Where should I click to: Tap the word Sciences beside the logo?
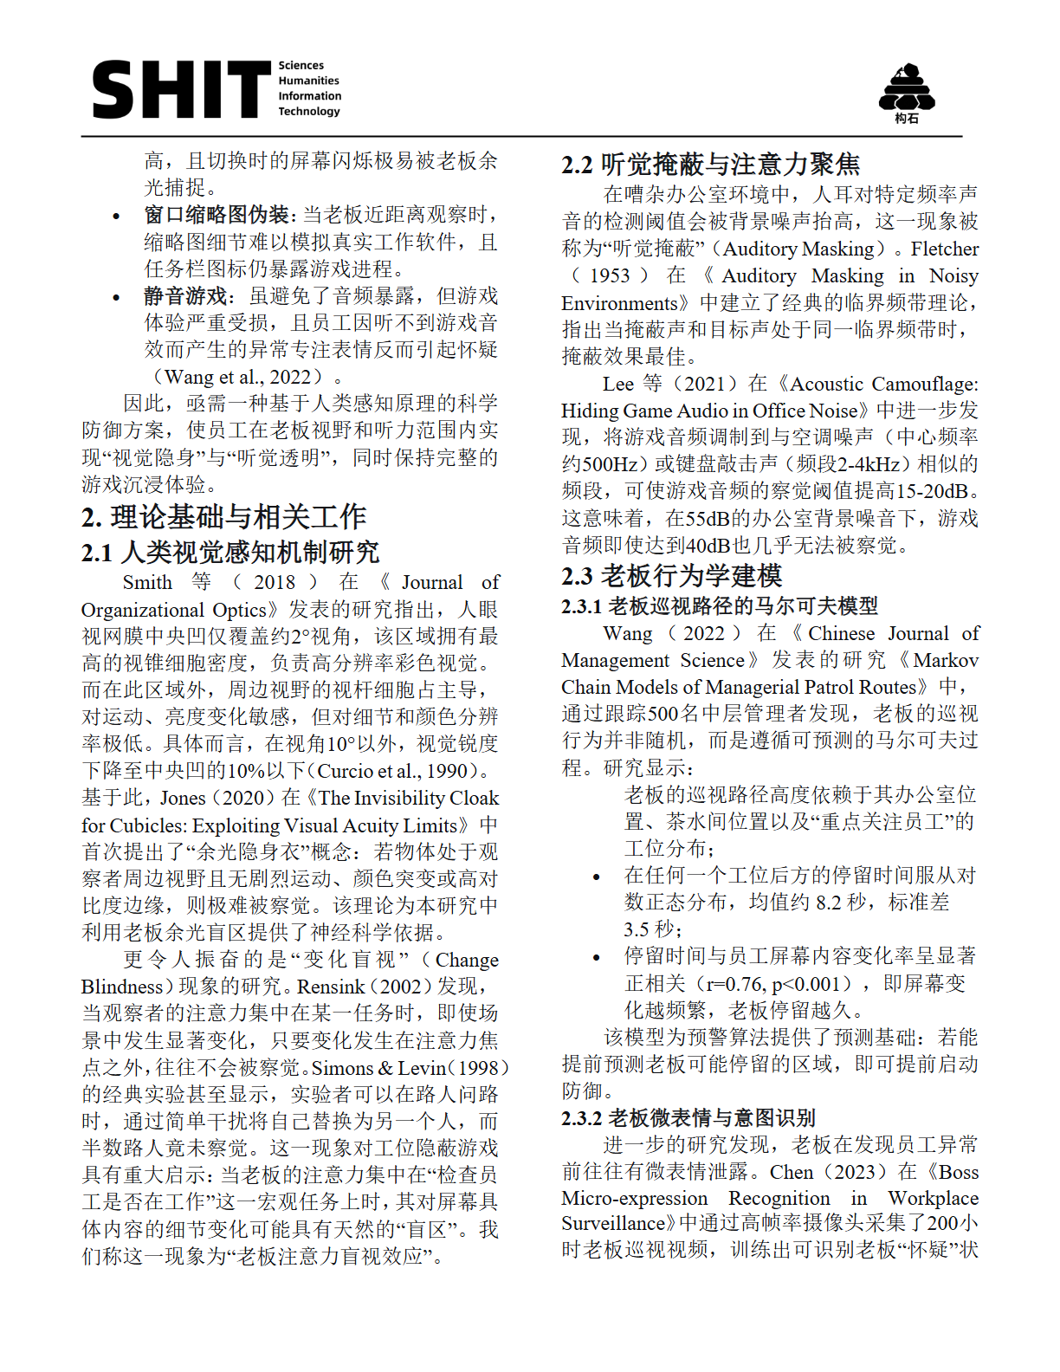(x=301, y=66)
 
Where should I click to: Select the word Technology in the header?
(x=309, y=112)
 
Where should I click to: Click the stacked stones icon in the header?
(x=906, y=88)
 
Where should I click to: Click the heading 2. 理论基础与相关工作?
(x=223, y=517)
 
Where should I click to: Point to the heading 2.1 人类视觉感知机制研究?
(x=230, y=553)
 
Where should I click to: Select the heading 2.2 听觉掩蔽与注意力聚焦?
(x=710, y=164)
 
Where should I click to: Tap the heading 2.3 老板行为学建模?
(x=671, y=576)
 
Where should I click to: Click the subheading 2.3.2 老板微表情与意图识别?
(x=688, y=1118)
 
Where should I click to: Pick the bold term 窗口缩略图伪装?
(x=217, y=215)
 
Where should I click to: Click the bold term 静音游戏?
(x=185, y=296)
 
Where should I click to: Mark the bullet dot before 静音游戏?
(x=116, y=297)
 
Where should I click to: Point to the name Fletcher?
(x=944, y=249)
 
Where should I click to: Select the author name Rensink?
(x=331, y=987)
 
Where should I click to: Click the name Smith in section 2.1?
(x=147, y=582)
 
